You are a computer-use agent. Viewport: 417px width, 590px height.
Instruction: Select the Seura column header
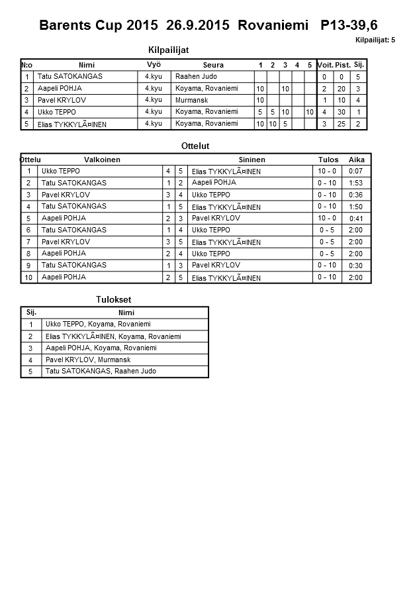point(213,65)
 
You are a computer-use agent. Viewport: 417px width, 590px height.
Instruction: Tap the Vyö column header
point(154,64)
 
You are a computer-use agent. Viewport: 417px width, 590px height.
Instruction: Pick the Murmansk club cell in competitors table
point(192,100)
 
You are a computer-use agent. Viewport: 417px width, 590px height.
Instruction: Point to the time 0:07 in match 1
point(355,171)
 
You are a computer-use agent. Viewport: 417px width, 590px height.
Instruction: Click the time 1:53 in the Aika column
point(355,183)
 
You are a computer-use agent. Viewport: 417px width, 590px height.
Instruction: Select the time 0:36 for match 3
point(355,195)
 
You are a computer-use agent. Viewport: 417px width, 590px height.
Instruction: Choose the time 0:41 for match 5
point(356,219)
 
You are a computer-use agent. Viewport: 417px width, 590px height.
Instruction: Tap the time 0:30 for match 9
point(355,266)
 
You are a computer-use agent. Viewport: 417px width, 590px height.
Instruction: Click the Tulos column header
point(328,160)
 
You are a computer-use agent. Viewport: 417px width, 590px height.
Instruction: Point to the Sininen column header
point(252,160)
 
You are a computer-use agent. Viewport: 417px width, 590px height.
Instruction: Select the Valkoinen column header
point(102,160)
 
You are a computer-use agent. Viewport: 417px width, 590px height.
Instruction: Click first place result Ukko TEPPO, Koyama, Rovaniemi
point(98,324)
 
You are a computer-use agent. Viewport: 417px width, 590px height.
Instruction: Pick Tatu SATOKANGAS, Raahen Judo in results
point(101,371)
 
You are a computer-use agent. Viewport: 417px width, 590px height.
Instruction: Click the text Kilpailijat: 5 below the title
point(375,40)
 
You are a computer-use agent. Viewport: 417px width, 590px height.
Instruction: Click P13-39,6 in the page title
point(349,25)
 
